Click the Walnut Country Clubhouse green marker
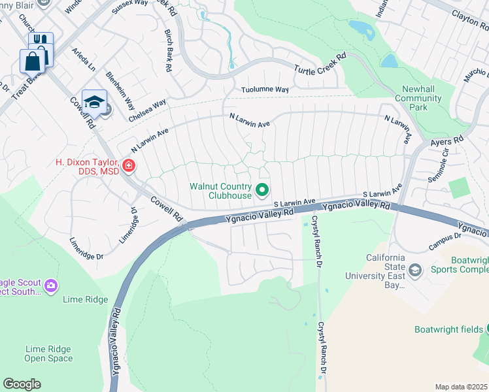tap(263, 190)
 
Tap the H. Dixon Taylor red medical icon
tap(129, 166)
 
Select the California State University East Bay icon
tap(414, 270)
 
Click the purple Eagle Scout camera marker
tap(51, 286)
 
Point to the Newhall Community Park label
tap(418, 102)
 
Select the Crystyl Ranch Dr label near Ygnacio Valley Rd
tap(317, 241)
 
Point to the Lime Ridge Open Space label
tap(48, 353)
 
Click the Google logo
tap(22, 384)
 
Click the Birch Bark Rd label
tap(169, 50)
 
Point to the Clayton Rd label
tap(470, 20)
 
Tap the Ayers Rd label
tap(447, 141)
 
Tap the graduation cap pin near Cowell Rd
tap(94, 101)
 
